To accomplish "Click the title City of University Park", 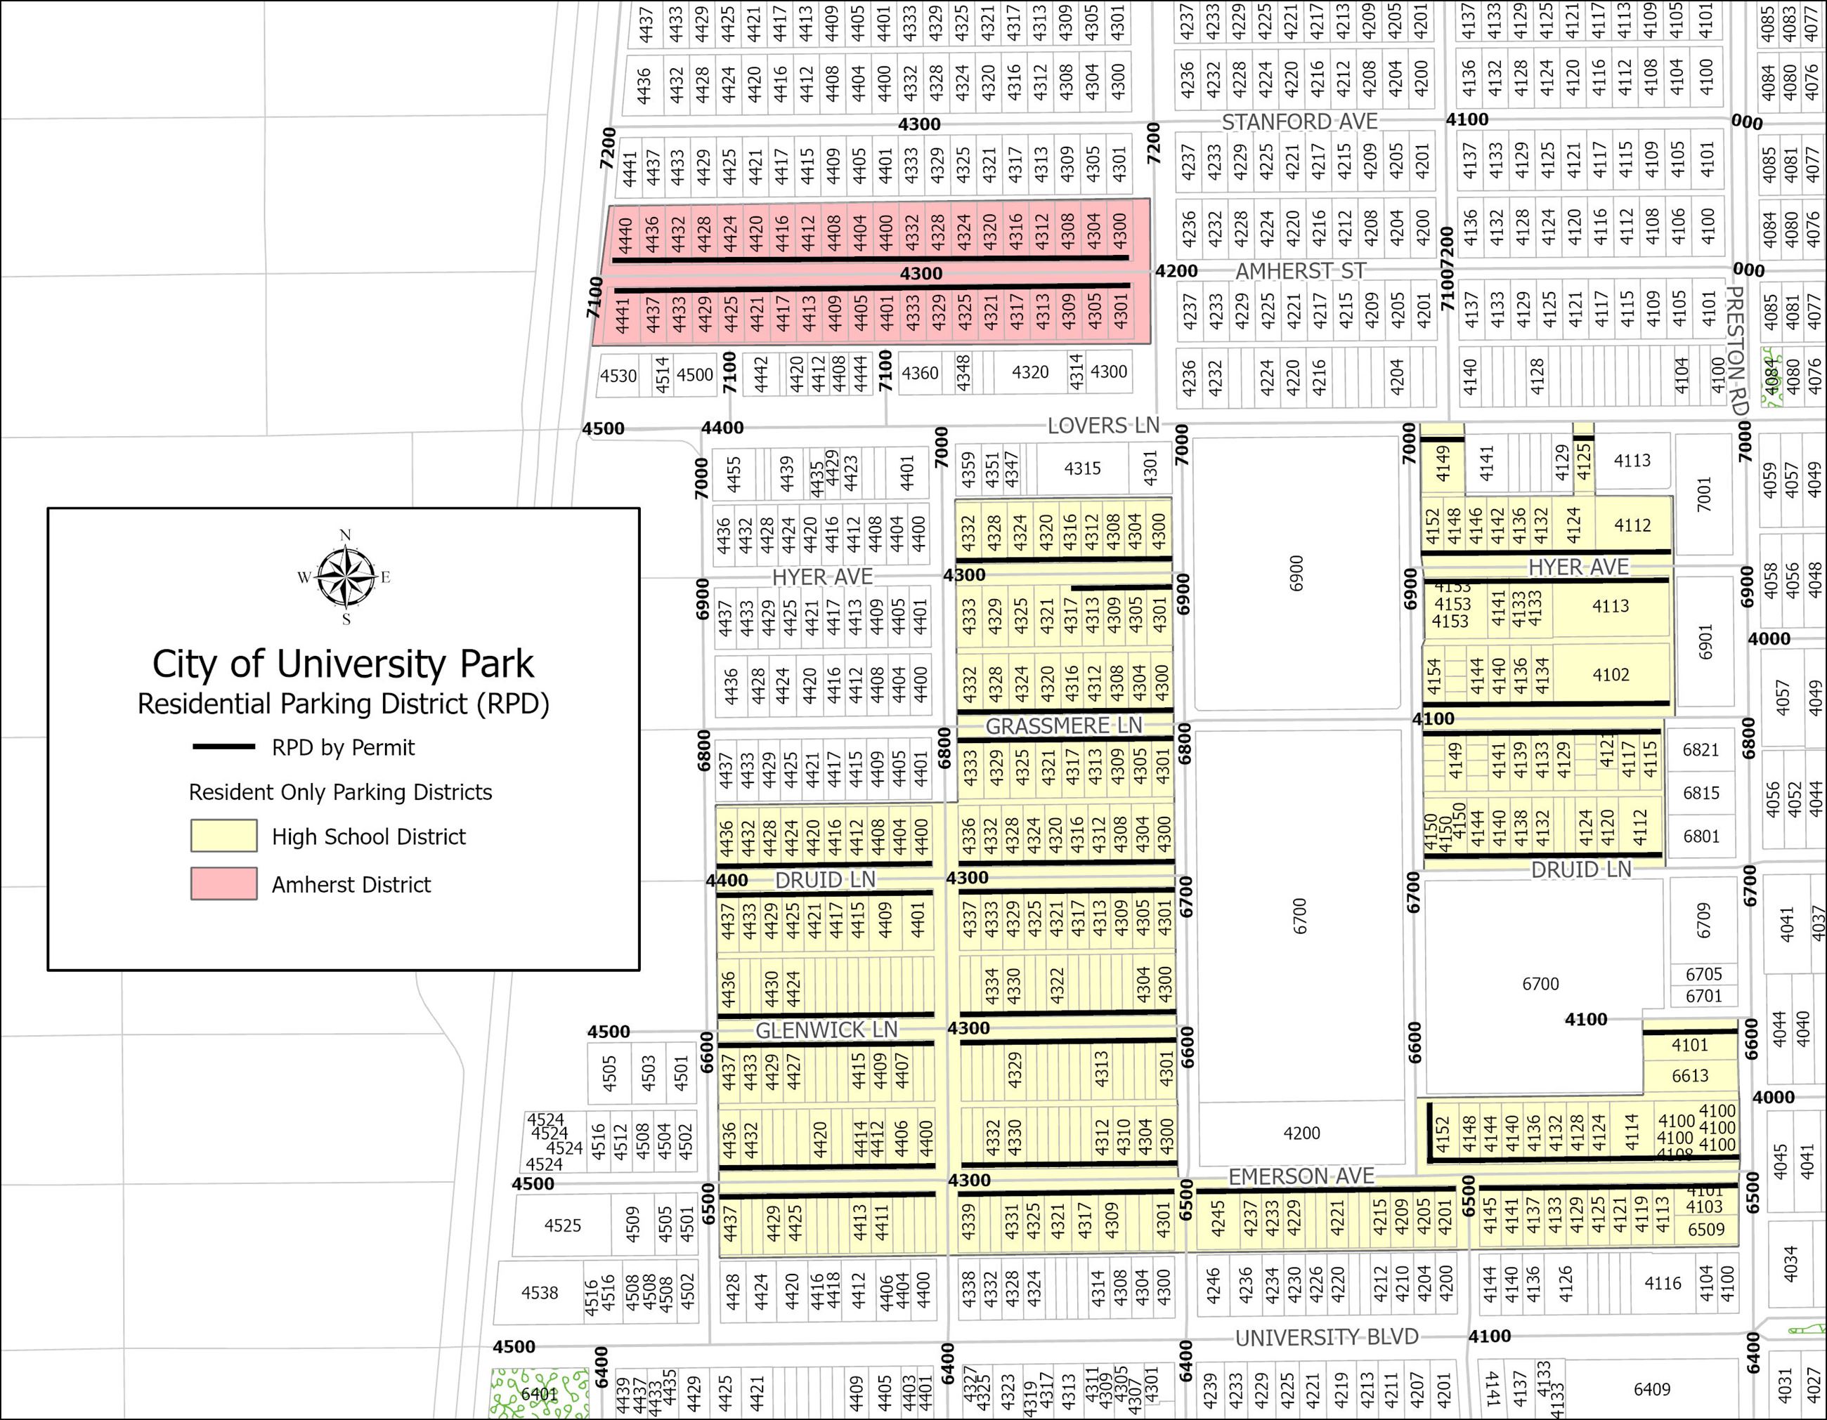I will [343, 664].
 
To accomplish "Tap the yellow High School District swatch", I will [223, 836].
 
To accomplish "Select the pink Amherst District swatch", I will [223, 884].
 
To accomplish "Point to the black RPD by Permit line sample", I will [223, 747].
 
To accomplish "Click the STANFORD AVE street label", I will [1299, 122].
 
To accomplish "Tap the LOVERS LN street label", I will [1103, 426].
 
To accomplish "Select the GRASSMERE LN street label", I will [1062, 726].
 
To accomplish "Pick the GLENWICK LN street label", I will [826, 1030].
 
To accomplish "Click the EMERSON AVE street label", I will [1301, 1176].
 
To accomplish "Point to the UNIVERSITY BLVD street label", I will [1327, 1338].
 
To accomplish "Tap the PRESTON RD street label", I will [1736, 351].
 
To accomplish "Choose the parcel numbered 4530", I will [618, 376].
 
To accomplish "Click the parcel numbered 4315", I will [1081, 468].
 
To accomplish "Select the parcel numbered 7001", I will [1704, 494].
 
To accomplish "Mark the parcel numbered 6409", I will [1651, 1389].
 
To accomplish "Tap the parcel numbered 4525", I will [562, 1225].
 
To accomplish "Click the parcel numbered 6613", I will [1690, 1075].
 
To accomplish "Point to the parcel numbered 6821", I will [1701, 749].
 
